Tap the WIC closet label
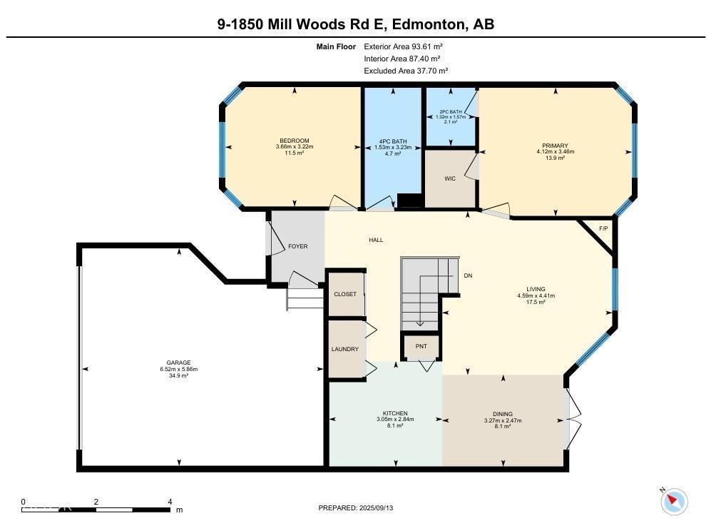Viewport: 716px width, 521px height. pyautogui.click(x=450, y=178)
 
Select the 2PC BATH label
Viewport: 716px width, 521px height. pyautogui.click(x=451, y=112)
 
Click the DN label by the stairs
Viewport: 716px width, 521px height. pyautogui.click(x=468, y=275)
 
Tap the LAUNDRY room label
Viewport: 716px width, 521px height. pyautogui.click(x=345, y=349)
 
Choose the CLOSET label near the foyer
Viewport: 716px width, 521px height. pyautogui.click(x=345, y=294)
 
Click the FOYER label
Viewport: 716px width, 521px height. pyautogui.click(x=297, y=246)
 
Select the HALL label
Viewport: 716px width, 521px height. pyautogui.click(x=376, y=240)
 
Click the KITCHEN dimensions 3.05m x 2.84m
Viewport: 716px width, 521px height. pyautogui.click(x=395, y=420)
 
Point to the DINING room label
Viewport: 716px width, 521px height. pyautogui.click(x=503, y=413)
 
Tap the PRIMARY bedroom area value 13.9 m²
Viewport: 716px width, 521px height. pyautogui.click(x=556, y=158)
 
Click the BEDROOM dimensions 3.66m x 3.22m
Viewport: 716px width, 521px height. pyautogui.click(x=294, y=147)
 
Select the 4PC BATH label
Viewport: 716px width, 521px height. pyautogui.click(x=394, y=141)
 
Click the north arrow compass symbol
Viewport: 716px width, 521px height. pyautogui.click(x=673, y=501)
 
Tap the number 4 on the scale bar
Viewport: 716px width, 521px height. pyautogui.click(x=170, y=502)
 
